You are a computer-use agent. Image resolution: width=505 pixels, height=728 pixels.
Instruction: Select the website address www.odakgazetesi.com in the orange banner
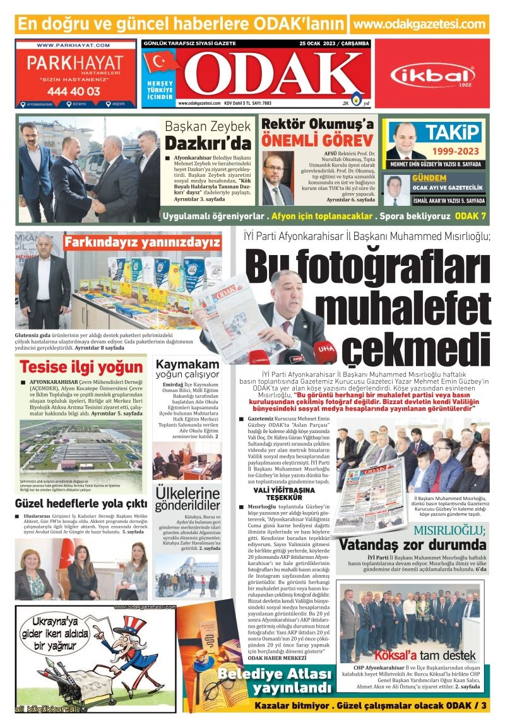[x=419, y=24]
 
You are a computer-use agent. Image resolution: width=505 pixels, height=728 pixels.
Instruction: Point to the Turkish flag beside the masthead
[x=162, y=63]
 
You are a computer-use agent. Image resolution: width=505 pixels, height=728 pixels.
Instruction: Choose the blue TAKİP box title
[x=453, y=132]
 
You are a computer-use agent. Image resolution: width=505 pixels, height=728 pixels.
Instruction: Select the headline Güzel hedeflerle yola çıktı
[x=81, y=503]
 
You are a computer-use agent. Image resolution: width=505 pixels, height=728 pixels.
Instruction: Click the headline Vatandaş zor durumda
[x=412, y=544]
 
